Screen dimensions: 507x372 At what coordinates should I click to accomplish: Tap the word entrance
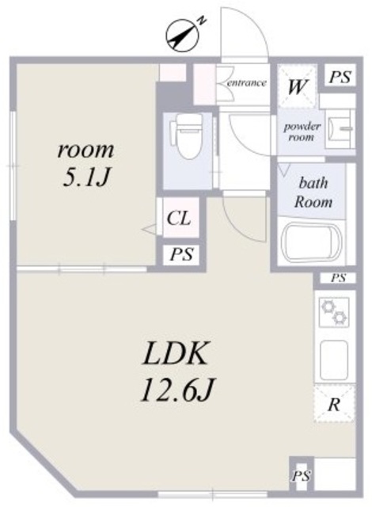(246, 82)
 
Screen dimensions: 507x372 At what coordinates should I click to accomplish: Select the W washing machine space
(298, 86)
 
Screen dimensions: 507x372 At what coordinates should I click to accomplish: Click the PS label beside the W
(340, 78)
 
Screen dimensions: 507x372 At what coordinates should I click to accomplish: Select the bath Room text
(313, 193)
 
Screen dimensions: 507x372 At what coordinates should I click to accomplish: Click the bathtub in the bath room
(313, 241)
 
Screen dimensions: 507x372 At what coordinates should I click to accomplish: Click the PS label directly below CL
(181, 255)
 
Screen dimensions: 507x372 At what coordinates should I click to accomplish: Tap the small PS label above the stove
(339, 278)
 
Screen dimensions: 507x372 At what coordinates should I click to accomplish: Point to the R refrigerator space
(334, 405)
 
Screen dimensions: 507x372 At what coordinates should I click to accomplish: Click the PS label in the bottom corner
(301, 476)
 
